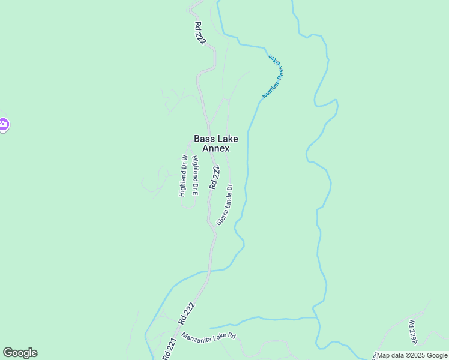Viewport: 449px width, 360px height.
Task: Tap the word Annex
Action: [x=216, y=148]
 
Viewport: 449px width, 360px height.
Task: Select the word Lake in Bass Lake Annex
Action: [x=227, y=139]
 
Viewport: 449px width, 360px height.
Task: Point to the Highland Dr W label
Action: [x=184, y=176]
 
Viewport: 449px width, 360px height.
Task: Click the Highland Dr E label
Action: [x=195, y=176]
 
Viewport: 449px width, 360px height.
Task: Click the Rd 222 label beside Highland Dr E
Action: [x=215, y=178]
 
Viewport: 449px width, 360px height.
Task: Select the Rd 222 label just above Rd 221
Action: [x=187, y=313]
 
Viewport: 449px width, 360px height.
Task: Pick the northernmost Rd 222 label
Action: [x=200, y=34]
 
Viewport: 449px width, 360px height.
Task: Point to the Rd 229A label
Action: [x=412, y=331]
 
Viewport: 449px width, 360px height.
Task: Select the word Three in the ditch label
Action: [x=280, y=75]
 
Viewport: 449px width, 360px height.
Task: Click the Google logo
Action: [x=20, y=353]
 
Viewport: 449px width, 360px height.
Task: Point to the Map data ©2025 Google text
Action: [x=412, y=355]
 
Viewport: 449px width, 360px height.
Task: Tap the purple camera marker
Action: [x=3, y=125]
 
